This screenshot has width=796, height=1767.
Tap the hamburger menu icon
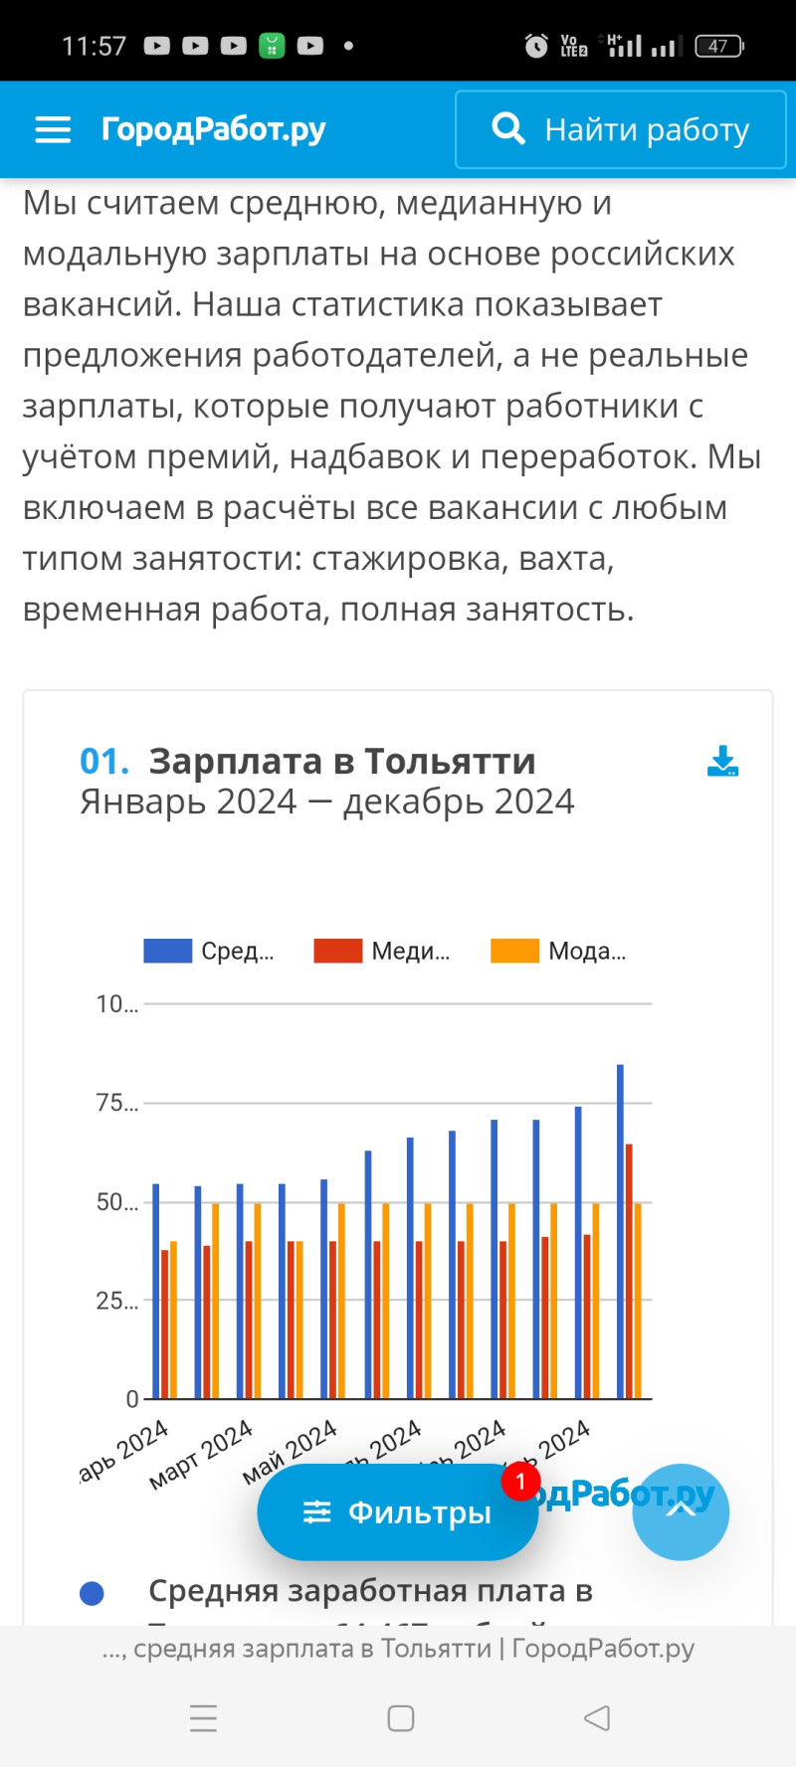(x=53, y=129)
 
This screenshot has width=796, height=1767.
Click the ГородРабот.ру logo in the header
(x=213, y=129)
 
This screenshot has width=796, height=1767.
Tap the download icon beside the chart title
(x=722, y=762)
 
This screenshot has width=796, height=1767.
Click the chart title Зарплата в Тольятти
(x=341, y=762)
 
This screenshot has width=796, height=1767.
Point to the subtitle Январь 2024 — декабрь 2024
(x=326, y=801)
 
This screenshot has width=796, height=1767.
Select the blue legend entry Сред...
(x=209, y=951)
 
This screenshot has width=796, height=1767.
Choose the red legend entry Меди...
(x=382, y=951)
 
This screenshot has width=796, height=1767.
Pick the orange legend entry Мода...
(x=558, y=951)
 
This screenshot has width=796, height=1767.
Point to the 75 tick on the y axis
(x=115, y=1103)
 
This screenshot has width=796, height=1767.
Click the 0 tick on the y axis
(x=131, y=1399)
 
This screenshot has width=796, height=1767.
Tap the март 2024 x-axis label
(x=202, y=1455)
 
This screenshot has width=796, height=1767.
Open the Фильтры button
(x=397, y=1512)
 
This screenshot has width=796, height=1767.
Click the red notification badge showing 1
(x=520, y=1482)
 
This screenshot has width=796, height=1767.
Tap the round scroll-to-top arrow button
(x=681, y=1511)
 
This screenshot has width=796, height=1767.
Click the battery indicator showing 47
(x=718, y=46)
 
